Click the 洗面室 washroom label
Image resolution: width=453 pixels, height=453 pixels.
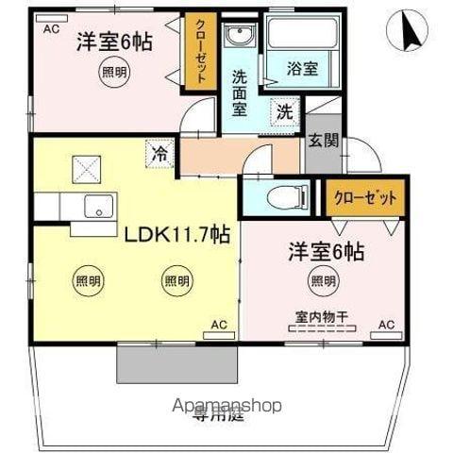[242, 89]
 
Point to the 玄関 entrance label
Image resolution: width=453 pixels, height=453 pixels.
[321, 142]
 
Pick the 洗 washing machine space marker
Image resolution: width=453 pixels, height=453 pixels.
[283, 110]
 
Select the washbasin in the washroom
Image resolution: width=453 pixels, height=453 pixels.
[240, 37]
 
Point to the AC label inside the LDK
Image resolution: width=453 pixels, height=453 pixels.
[218, 326]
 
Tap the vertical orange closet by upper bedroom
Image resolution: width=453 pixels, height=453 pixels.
[199, 54]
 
